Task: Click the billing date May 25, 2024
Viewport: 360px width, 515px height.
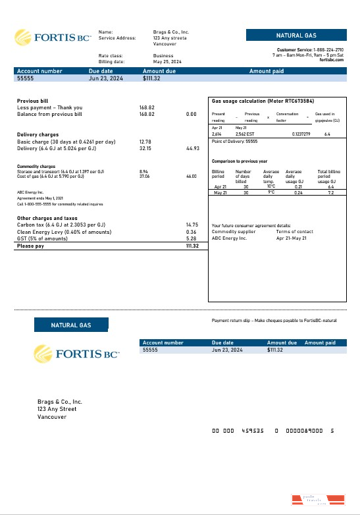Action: coord(167,62)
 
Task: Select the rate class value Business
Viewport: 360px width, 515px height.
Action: coord(164,56)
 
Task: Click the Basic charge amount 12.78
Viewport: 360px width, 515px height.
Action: coord(145,142)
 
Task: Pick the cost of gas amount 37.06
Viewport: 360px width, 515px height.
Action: coord(145,176)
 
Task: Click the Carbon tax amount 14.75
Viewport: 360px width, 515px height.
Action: coord(192,225)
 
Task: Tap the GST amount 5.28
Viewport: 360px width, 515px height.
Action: coord(192,238)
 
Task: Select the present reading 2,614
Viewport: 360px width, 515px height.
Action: coord(217,134)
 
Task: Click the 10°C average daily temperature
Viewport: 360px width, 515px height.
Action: coord(270,186)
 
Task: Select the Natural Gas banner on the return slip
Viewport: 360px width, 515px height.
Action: coord(71,325)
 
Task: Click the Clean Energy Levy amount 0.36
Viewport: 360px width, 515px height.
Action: coord(192,232)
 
